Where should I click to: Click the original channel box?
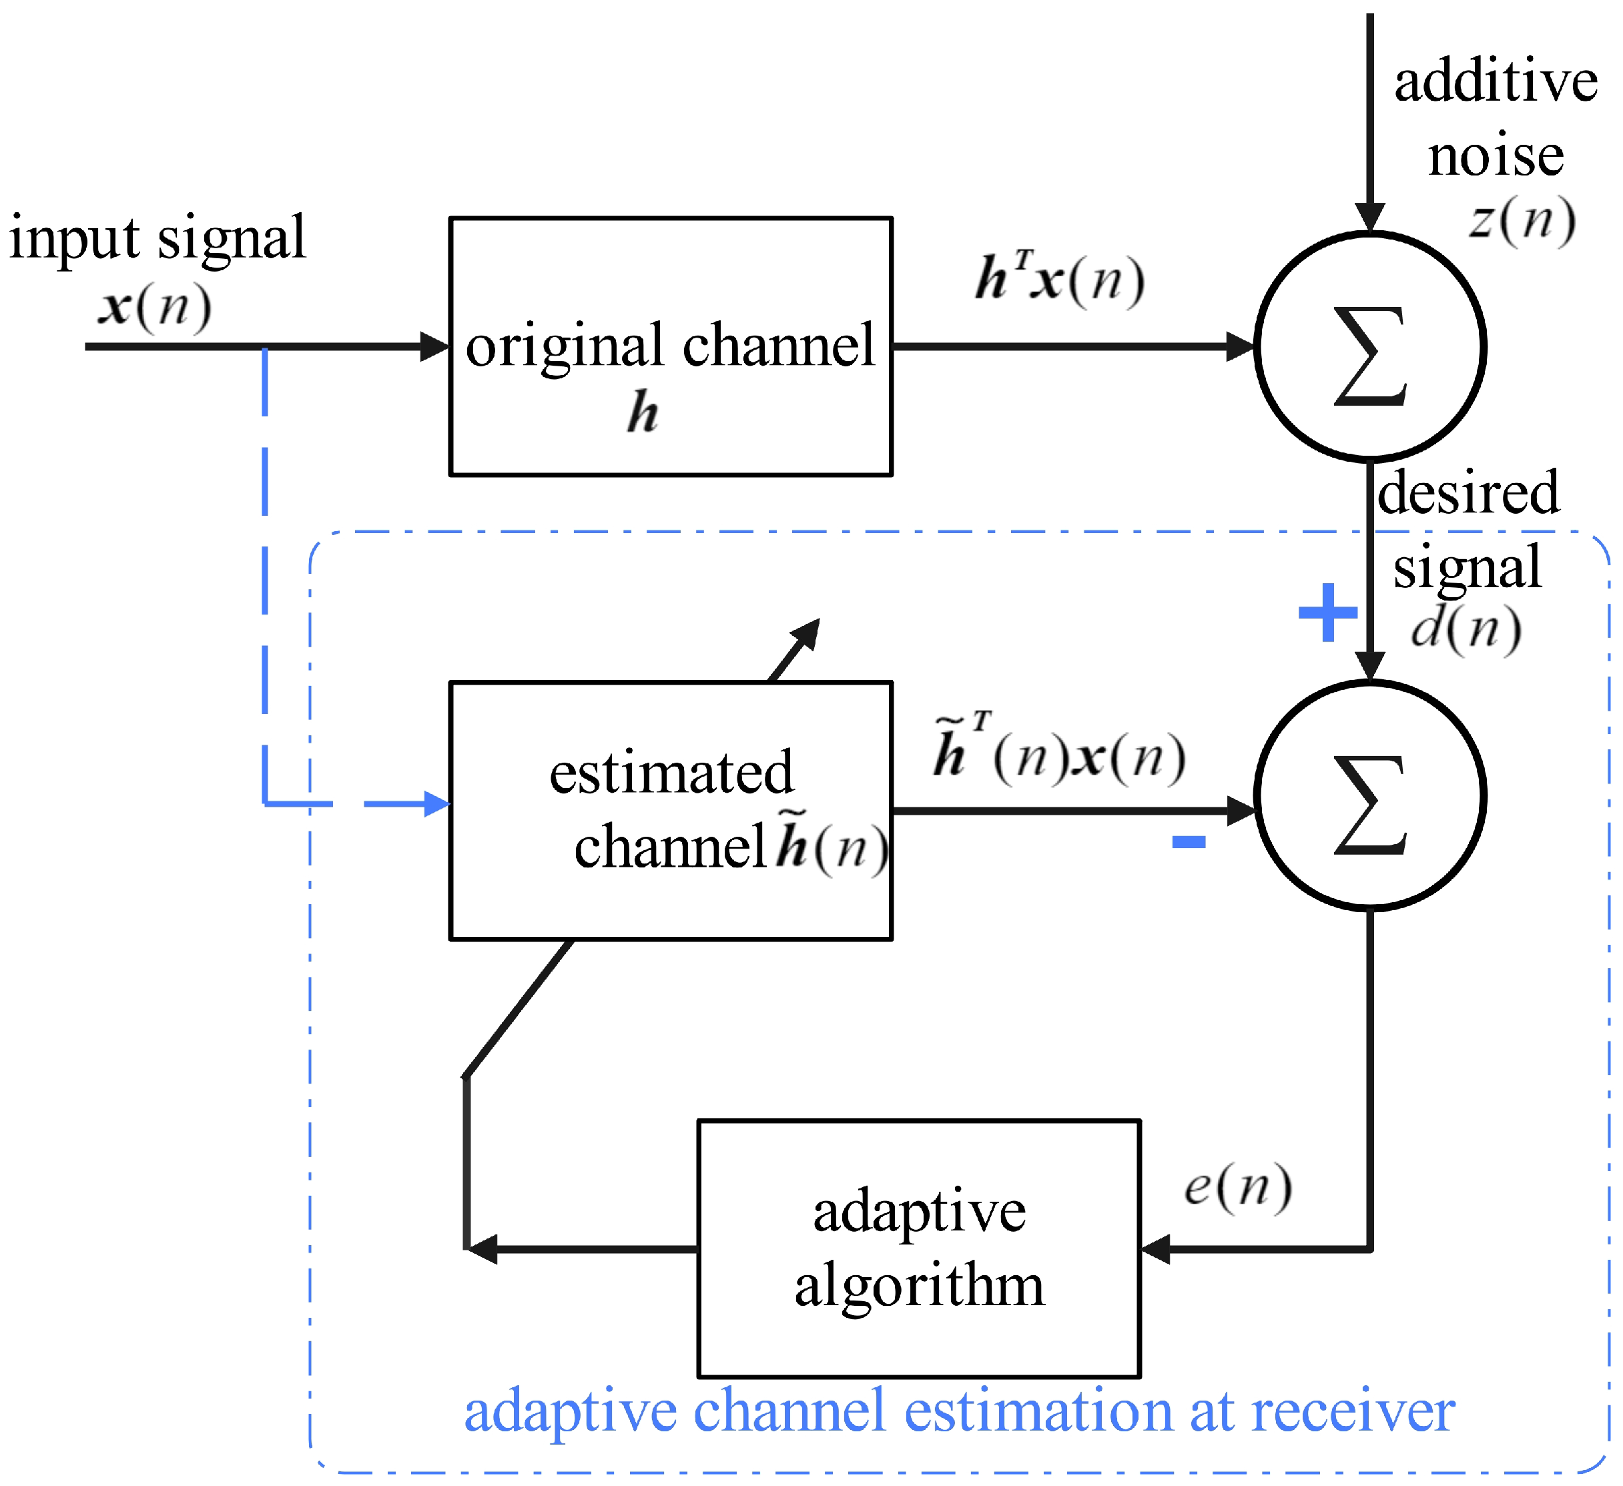[670, 346]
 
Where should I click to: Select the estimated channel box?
[670, 811]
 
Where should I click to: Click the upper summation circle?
[1369, 346]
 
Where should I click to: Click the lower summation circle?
[1369, 796]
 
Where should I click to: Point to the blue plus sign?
[1327, 613]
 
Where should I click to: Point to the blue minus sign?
[1189, 842]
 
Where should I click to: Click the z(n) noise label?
[1522, 219]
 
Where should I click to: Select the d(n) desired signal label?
[1466, 629]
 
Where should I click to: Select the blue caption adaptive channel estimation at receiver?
[959, 1411]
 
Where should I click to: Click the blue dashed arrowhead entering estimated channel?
[437, 803]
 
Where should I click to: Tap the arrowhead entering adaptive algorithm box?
[1155, 1249]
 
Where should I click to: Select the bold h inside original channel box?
[643, 412]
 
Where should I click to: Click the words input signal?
[157, 238]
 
